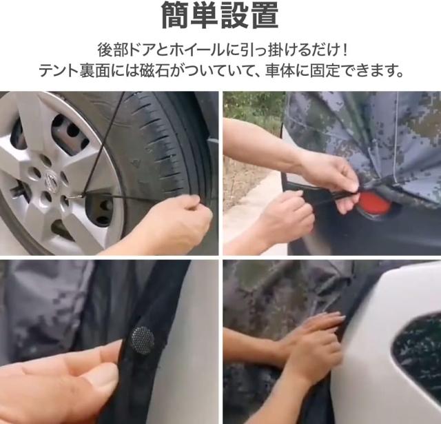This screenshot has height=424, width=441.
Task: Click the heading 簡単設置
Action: pyautogui.click(x=220, y=15)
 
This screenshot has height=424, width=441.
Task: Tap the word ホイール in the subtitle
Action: pyautogui.click(x=197, y=50)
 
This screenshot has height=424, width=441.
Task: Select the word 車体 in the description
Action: pyautogui.click(x=279, y=70)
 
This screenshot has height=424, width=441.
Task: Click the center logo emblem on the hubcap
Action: pyautogui.click(x=50, y=181)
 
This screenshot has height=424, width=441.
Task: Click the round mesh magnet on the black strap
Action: pyautogui.click(x=143, y=340)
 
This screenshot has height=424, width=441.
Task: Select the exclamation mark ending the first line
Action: pyautogui.click(x=345, y=50)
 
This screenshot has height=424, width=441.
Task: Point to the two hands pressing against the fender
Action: pyautogui.click(x=312, y=346)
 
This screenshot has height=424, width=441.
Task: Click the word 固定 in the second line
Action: pyautogui.click(x=324, y=70)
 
